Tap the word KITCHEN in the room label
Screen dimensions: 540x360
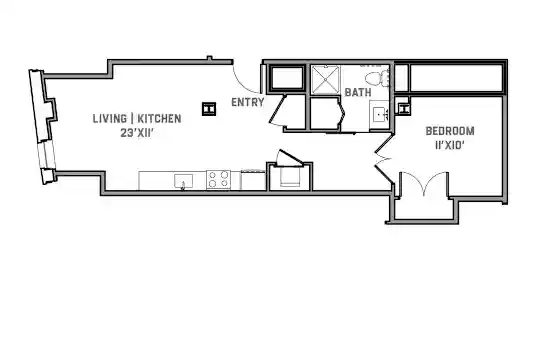pyautogui.click(x=159, y=119)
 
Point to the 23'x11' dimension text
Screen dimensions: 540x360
pyautogui.click(x=136, y=133)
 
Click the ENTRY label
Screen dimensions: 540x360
pyautogui.click(x=248, y=102)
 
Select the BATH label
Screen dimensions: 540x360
pyautogui.click(x=358, y=93)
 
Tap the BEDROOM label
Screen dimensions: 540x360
pyautogui.click(x=450, y=131)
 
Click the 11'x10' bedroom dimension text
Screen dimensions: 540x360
pyautogui.click(x=449, y=146)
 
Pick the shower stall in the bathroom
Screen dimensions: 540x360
pyautogui.click(x=325, y=80)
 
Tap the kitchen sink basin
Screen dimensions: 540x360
pyautogui.click(x=184, y=181)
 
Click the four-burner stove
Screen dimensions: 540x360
pyautogui.click(x=218, y=179)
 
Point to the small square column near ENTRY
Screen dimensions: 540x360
pyautogui.click(x=209, y=109)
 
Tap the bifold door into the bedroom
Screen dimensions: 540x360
pyautogui.click(x=383, y=159)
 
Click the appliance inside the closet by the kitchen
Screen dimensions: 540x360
pyautogui.click(x=290, y=177)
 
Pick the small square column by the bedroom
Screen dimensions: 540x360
pyautogui.click(x=403, y=109)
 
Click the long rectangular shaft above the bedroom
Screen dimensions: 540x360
pyautogui.click(x=457, y=78)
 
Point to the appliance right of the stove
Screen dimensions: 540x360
pyautogui.click(x=253, y=179)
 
